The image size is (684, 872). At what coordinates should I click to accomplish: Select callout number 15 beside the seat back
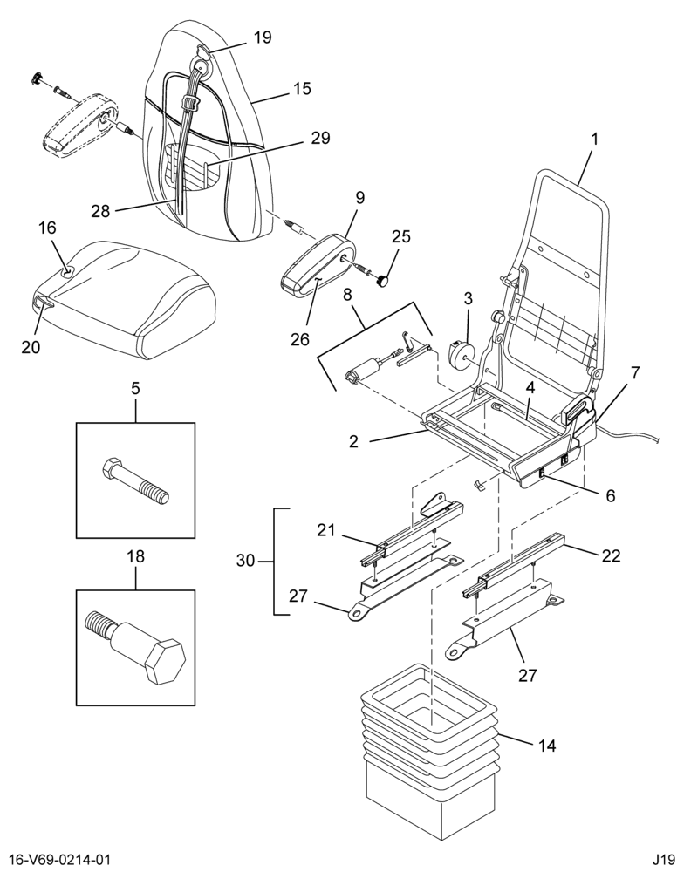click(x=302, y=88)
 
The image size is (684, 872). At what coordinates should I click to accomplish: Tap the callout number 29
click(x=320, y=138)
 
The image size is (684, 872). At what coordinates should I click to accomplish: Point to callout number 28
click(x=101, y=211)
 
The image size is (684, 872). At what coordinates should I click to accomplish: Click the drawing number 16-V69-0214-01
click(x=55, y=860)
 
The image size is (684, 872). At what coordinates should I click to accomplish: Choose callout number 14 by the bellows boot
click(x=547, y=745)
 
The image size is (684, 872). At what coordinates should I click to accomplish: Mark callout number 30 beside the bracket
click(x=245, y=560)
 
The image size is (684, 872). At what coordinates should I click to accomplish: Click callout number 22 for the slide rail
click(x=611, y=555)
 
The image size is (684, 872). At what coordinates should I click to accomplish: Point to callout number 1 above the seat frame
click(x=594, y=139)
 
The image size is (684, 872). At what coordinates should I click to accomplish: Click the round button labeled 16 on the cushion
click(x=67, y=271)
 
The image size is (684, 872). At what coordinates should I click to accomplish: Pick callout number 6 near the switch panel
click(x=611, y=495)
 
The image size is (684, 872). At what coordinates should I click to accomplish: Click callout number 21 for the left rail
click(x=326, y=530)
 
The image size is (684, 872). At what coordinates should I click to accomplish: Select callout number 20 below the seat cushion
click(x=31, y=346)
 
